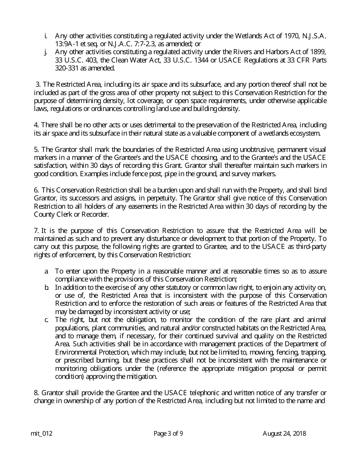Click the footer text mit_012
[x=41, y=434]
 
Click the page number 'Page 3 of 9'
[x=168, y=434]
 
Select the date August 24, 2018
[x=284, y=434]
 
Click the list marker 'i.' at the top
[x=46, y=36]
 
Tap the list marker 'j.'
[x=46, y=52]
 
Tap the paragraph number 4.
[x=36, y=125]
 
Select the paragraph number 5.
[x=36, y=150]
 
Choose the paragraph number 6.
[x=36, y=190]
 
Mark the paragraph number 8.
[x=36, y=393]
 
